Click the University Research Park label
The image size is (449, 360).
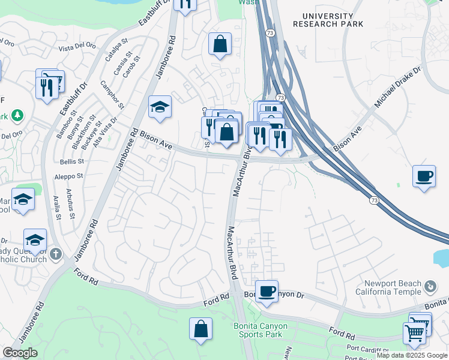coord(328,20)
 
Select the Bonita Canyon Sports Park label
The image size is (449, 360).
coord(260,331)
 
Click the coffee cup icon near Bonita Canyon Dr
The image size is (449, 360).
coord(267,292)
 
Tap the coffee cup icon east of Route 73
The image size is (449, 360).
coord(424,176)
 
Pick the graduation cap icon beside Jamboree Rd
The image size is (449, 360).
coord(160,107)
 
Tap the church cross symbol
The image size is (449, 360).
coord(55,253)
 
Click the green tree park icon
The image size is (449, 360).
coord(19,115)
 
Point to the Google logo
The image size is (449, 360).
coord(20,353)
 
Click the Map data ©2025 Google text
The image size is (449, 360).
coord(412,355)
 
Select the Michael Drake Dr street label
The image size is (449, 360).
coord(399,87)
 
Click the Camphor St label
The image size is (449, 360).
coord(112,95)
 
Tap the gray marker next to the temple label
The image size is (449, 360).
coord(430,287)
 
